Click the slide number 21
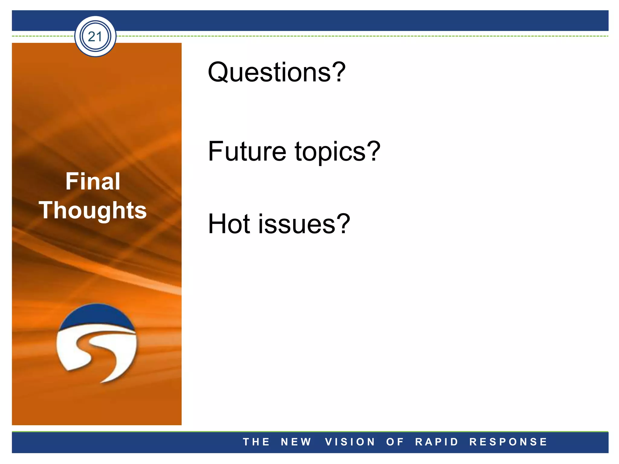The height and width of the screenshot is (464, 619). click(x=95, y=37)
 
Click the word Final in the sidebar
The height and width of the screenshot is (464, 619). click(x=93, y=181)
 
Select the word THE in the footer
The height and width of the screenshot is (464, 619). click(x=256, y=442)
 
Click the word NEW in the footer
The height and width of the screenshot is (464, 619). click(x=296, y=442)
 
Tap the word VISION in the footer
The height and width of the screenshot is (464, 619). click(x=350, y=442)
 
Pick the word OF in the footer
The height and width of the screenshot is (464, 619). click(x=395, y=442)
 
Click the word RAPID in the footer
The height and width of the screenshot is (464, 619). click(x=437, y=442)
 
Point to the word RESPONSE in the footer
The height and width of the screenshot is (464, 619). click(x=508, y=442)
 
